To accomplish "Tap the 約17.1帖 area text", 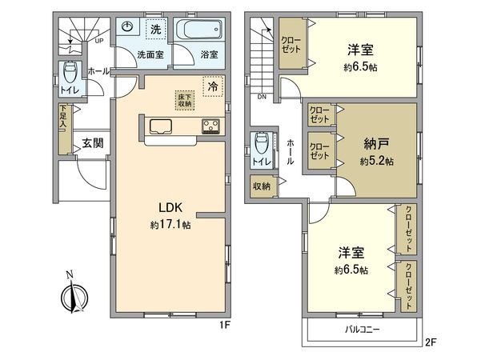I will coord(169,225).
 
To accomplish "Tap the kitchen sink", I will coord(158,125).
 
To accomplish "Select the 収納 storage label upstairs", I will coord(261,186).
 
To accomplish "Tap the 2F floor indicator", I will coord(431,342).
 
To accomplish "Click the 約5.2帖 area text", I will coord(376,161).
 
